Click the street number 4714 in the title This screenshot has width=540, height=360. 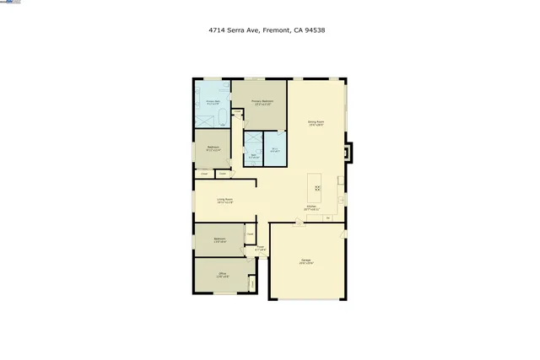click(218, 30)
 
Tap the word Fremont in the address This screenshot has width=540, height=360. click(276, 30)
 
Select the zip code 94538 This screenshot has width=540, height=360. click(316, 30)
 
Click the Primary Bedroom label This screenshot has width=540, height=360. click(262, 102)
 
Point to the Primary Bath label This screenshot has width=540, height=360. click(213, 102)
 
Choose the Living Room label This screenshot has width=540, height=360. click(224, 200)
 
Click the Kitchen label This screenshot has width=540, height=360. click(311, 207)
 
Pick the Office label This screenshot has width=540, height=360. click(223, 274)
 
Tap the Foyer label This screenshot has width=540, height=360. click(261, 248)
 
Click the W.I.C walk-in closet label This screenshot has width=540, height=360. click(275, 150)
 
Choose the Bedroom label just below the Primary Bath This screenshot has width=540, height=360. click(213, 148)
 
